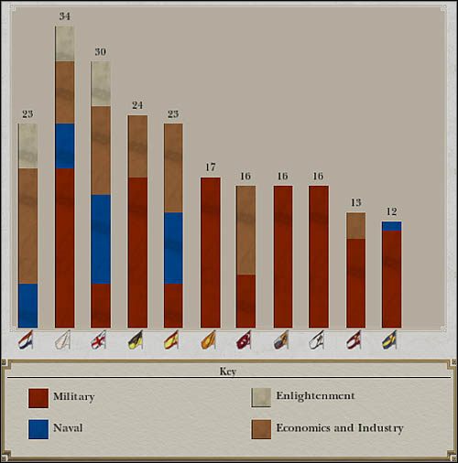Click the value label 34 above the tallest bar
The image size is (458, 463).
point(64,16)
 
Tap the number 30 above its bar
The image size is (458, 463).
point(101,52)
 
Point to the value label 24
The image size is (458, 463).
point(137,105)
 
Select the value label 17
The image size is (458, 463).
point(211,167)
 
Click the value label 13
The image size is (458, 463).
point(356,203)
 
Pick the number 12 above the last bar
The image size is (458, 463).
point(392,212)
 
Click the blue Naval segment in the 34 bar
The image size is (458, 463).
point(64,146)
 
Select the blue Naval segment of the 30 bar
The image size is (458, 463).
point(101,239)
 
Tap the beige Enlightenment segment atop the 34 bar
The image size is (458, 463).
point(64,43)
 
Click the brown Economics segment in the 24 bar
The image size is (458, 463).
point(137,146)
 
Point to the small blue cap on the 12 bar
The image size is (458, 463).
point(392,226)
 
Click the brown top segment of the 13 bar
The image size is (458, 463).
point(356,225)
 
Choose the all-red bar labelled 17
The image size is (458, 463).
point(211,252)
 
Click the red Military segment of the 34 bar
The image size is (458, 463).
point(64,247)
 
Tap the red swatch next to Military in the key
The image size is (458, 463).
point(38,398)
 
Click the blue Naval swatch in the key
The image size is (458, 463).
point(38,429)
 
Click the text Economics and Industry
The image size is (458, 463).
point(340,428)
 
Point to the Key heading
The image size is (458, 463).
point(227,371)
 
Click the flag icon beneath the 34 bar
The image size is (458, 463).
point(63,341)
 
